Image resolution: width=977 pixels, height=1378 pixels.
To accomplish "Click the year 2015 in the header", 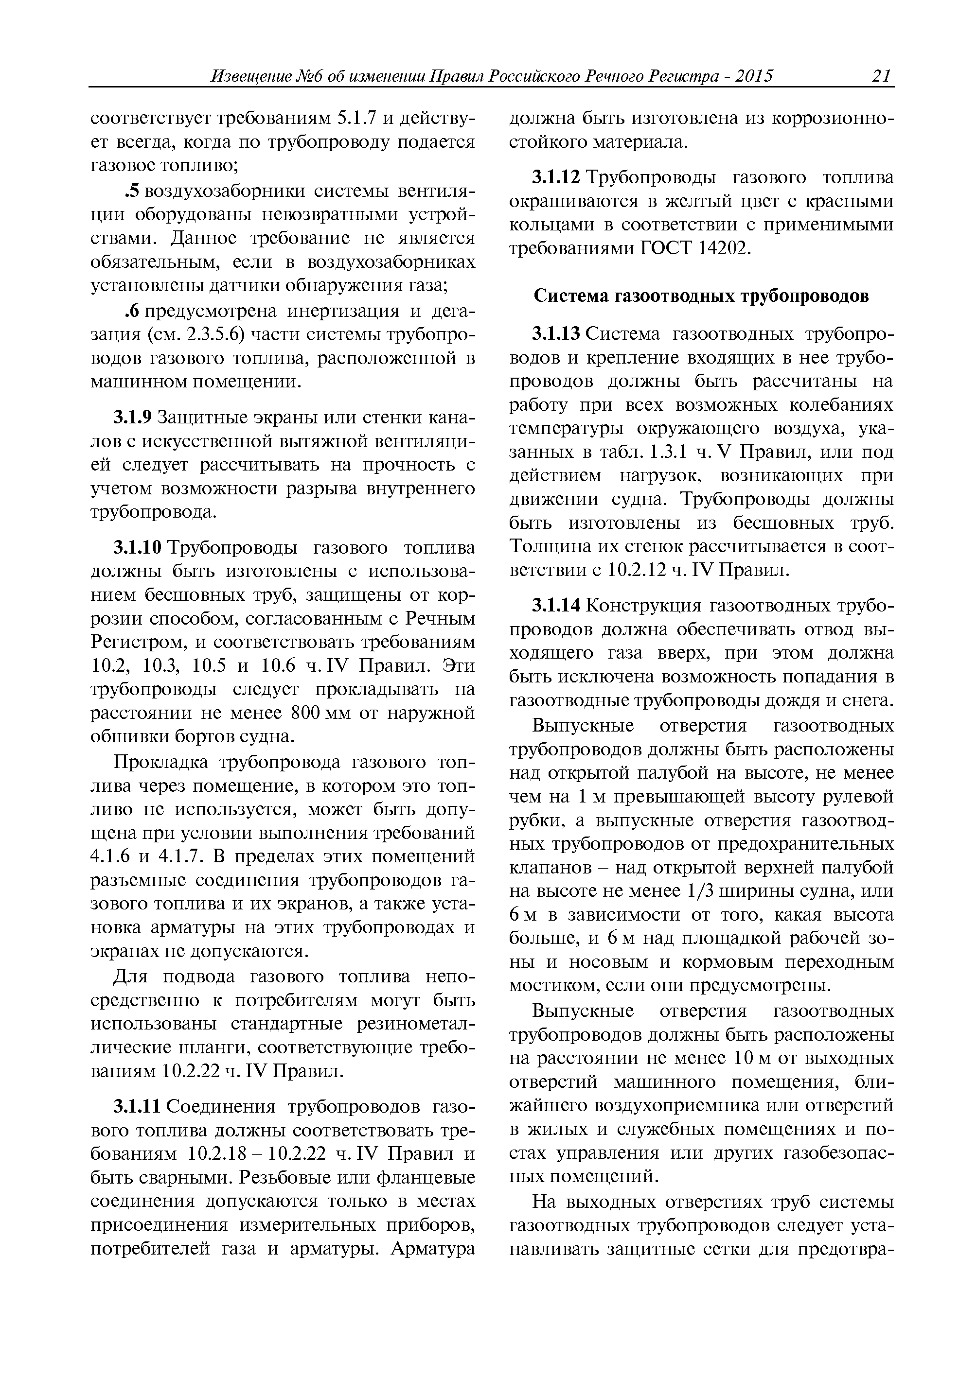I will tap(753, 76).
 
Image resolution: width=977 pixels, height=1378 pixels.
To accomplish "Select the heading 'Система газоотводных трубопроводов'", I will tap(701, 297).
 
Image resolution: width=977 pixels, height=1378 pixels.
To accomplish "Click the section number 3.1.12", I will tap(556, 178).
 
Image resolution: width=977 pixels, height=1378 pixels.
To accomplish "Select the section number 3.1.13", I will tap(556, 333).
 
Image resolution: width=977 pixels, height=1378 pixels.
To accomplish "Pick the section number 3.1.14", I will tap(556, 606).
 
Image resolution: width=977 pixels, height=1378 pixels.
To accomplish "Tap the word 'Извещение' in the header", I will tap(252, 76).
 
